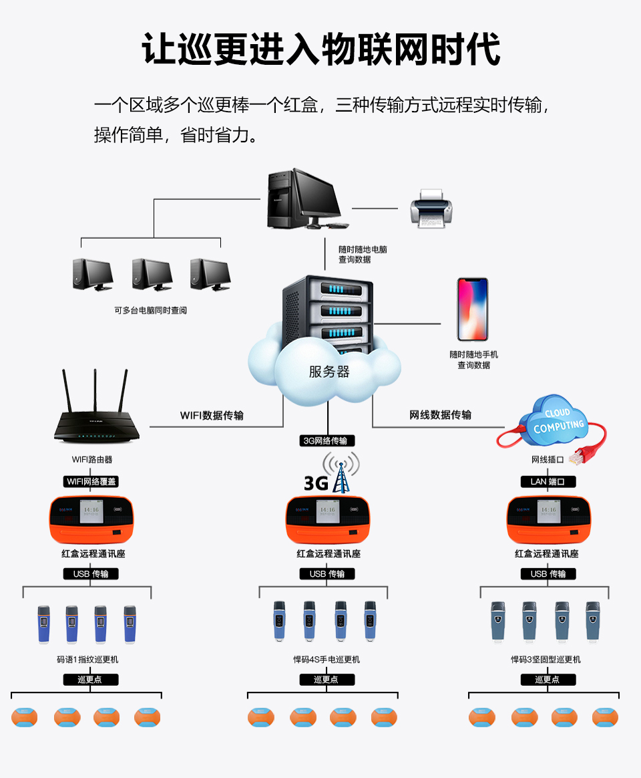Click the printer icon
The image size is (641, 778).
coord(431,208)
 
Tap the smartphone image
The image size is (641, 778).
coord(472,309)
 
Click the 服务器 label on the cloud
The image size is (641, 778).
coord(329,372)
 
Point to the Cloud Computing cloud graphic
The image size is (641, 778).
coord(558,418)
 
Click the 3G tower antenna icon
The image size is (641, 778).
coord(341,473)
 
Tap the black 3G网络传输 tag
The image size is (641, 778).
coord(327,440)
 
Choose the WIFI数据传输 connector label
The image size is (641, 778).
coord(212,415)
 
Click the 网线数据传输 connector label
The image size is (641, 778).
coord(440,415)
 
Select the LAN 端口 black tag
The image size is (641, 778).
coord(548,481)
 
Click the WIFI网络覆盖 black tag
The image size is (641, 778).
coord(93,481)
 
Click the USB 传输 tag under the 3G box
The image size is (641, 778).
coord(327,574)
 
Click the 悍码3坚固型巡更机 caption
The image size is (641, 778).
coord(546,659)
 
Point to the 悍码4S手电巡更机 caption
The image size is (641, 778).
coord(327,659)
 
